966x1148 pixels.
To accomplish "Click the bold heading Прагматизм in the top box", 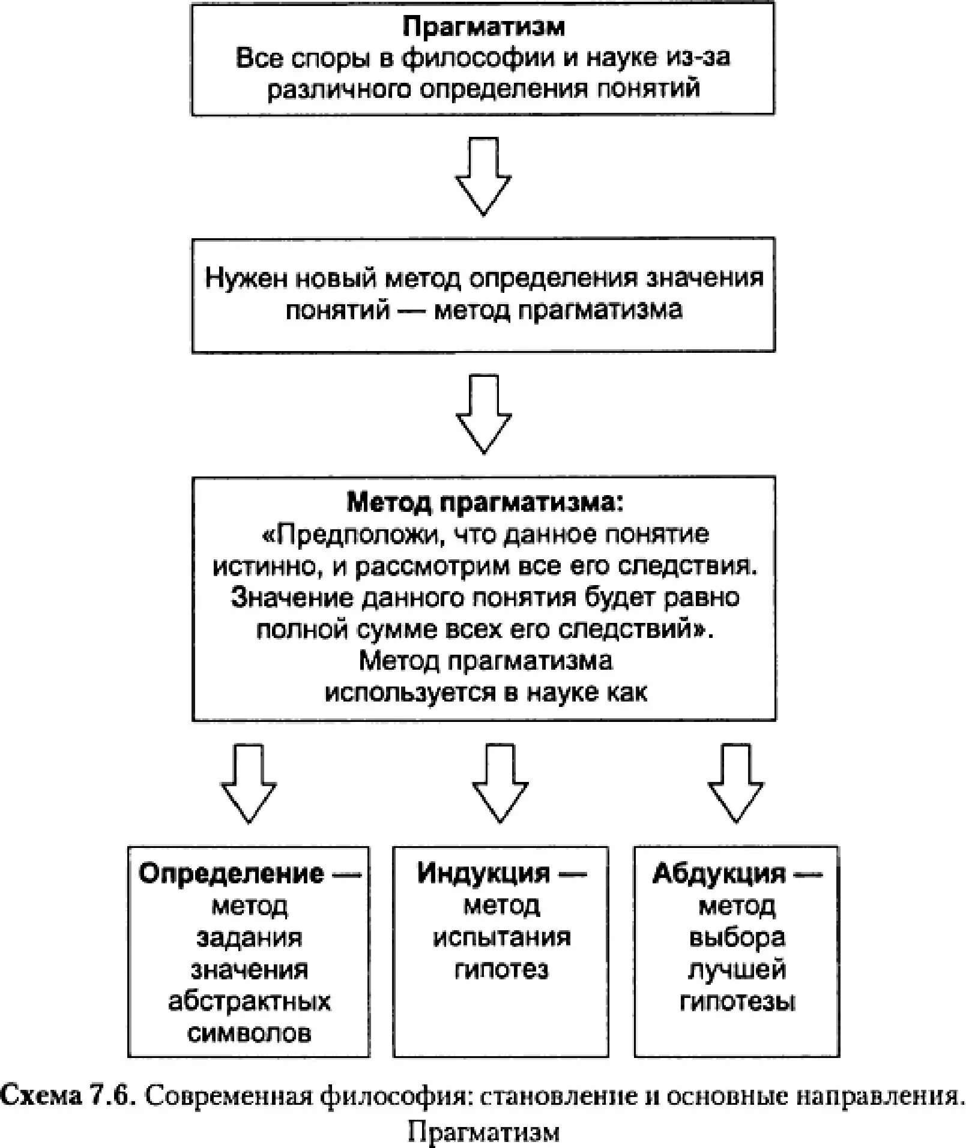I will pos(483,28).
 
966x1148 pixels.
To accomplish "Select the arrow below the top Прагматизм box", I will pos(483,177).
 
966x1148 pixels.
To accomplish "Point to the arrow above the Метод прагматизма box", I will pos(483,414).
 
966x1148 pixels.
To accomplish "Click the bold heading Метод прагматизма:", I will pos(485,503).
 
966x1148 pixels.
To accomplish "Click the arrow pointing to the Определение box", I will pos(249,784).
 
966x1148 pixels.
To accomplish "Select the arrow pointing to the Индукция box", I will pos(500,784).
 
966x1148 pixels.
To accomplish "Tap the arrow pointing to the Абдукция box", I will pos(735,784).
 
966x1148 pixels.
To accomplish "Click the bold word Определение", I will pos(231,874).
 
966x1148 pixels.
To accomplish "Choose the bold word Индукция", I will pos(483,874).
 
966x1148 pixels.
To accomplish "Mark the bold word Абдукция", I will pos(718,874).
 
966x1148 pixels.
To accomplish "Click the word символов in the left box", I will pos(249,1033).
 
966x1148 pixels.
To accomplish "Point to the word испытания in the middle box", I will pos(501,937).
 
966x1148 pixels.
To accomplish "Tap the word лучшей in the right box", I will pos(737,969).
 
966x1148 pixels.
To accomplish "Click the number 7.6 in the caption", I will pos(109,1096).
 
